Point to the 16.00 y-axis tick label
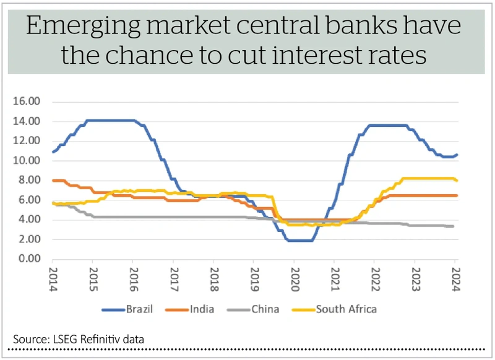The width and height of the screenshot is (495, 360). pos(27,101)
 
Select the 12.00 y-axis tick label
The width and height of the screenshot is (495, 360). pos(27,141)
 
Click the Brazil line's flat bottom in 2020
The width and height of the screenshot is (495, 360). pos(299,240)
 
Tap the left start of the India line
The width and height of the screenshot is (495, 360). pos(54,180)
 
